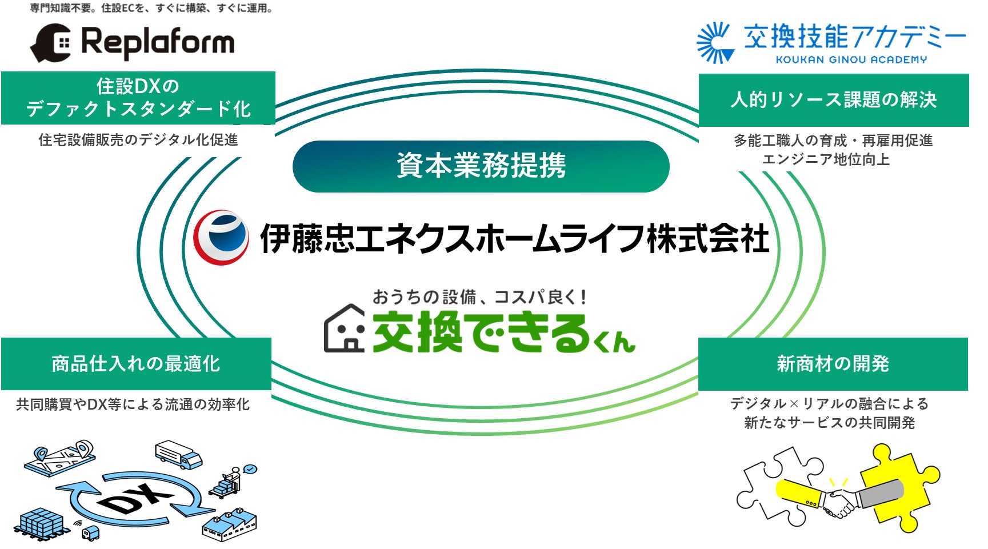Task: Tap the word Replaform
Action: click(x=158, y=43)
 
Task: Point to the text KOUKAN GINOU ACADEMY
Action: click(x=851, y=59)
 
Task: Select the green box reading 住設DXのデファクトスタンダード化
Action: click(x=138, y=98)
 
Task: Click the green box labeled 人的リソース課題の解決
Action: click(x=833, y=100)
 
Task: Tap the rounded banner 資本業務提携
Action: click(x=481, y=166)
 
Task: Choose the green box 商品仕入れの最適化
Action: click(x=136, y=363)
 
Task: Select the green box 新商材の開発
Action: click(x=833, y=364)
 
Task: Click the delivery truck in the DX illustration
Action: click(x=179, y=455)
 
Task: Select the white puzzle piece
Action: click(x=771, y=486)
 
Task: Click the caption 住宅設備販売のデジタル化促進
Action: click(x=138, y=140)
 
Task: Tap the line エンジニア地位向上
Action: click(x=826, y=159)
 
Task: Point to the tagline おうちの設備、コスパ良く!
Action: click(x=479, y=297)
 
